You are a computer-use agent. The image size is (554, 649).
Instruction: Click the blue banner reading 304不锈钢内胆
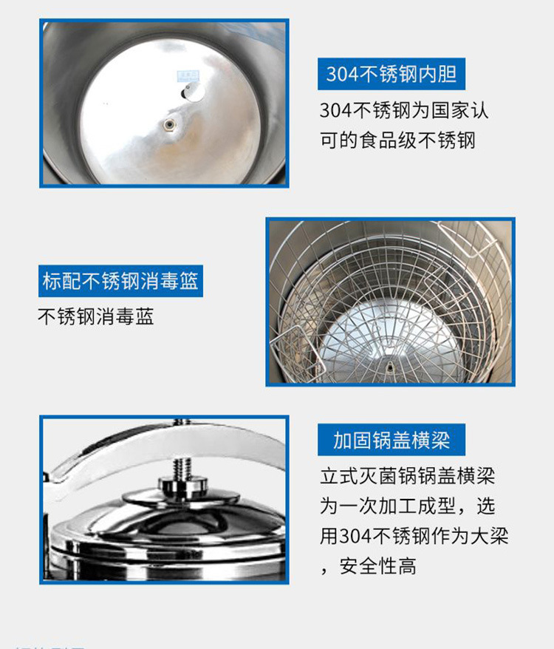[x=392, y=75]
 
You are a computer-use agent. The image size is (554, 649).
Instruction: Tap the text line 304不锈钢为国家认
[x=404, y=110]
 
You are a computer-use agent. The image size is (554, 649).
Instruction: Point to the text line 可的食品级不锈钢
[x=397, y=140]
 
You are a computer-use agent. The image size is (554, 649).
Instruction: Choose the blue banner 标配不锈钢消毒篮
[x=120, y=282]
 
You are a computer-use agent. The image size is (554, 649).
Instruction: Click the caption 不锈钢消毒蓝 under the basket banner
[x=95, y=316]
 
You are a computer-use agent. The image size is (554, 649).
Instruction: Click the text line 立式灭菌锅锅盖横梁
[x=407, y=475]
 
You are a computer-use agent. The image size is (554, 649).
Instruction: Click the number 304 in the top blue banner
[x=343, y=75]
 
